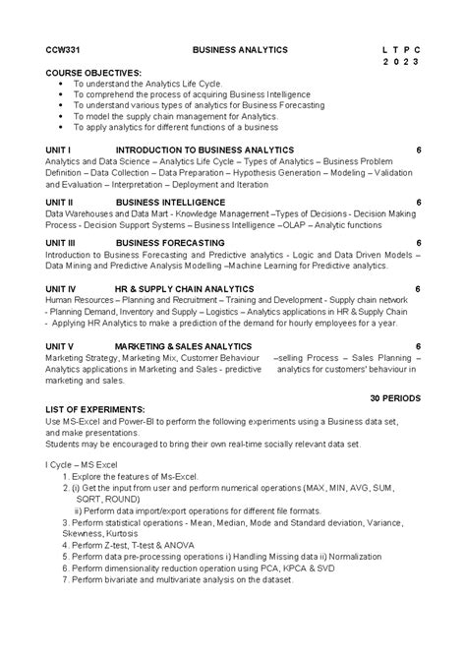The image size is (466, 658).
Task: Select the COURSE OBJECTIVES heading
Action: (x=93, y=73)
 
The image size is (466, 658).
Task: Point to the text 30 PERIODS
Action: (x=395, y=398)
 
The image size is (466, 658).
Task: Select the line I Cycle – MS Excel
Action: (x=87, y=462)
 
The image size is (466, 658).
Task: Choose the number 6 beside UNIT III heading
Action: (x=419, y=242)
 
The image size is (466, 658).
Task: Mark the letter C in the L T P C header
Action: (x=417, y=48)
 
